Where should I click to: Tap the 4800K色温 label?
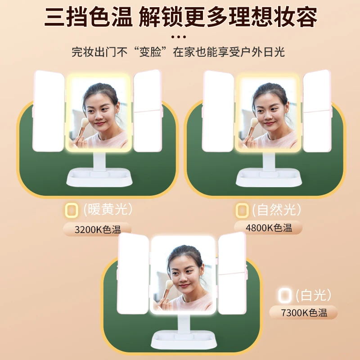pyautogui.click(x=269, y=228)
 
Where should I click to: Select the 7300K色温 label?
pyautogui.click(x=303, y=313)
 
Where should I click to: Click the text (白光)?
pyautogui.click(x=314, y=295)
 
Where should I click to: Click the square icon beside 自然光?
pyautogui.click(x=242, y=210)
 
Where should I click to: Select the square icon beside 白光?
pyautogui.click(x=284, y=296)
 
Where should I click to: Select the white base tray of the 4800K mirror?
pyautogui.click(x=269, y=178)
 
